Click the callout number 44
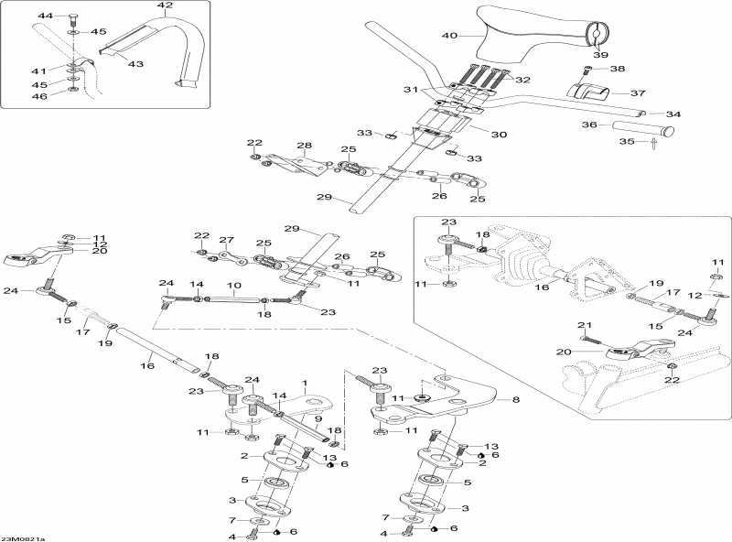pos(46,16)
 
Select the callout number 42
pos(165,6)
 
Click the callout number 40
pos(449,36)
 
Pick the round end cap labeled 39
pos(595,36)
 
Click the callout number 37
pos(638,92)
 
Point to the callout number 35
pos(628,142)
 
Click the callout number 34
pos(673,114)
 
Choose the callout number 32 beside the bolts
pos(523,81)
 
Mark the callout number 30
pos(499,135)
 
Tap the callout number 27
pos(226,240)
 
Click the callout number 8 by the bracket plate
pos(515,400)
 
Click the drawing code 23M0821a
pos(23,538)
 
